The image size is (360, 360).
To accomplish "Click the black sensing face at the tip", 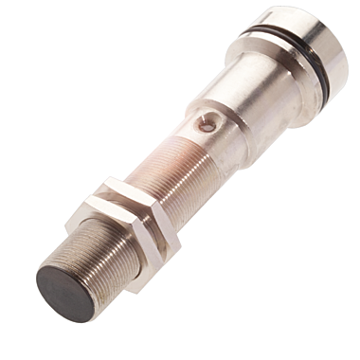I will (65, 292).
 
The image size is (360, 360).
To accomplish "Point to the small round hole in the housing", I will (207, 122).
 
